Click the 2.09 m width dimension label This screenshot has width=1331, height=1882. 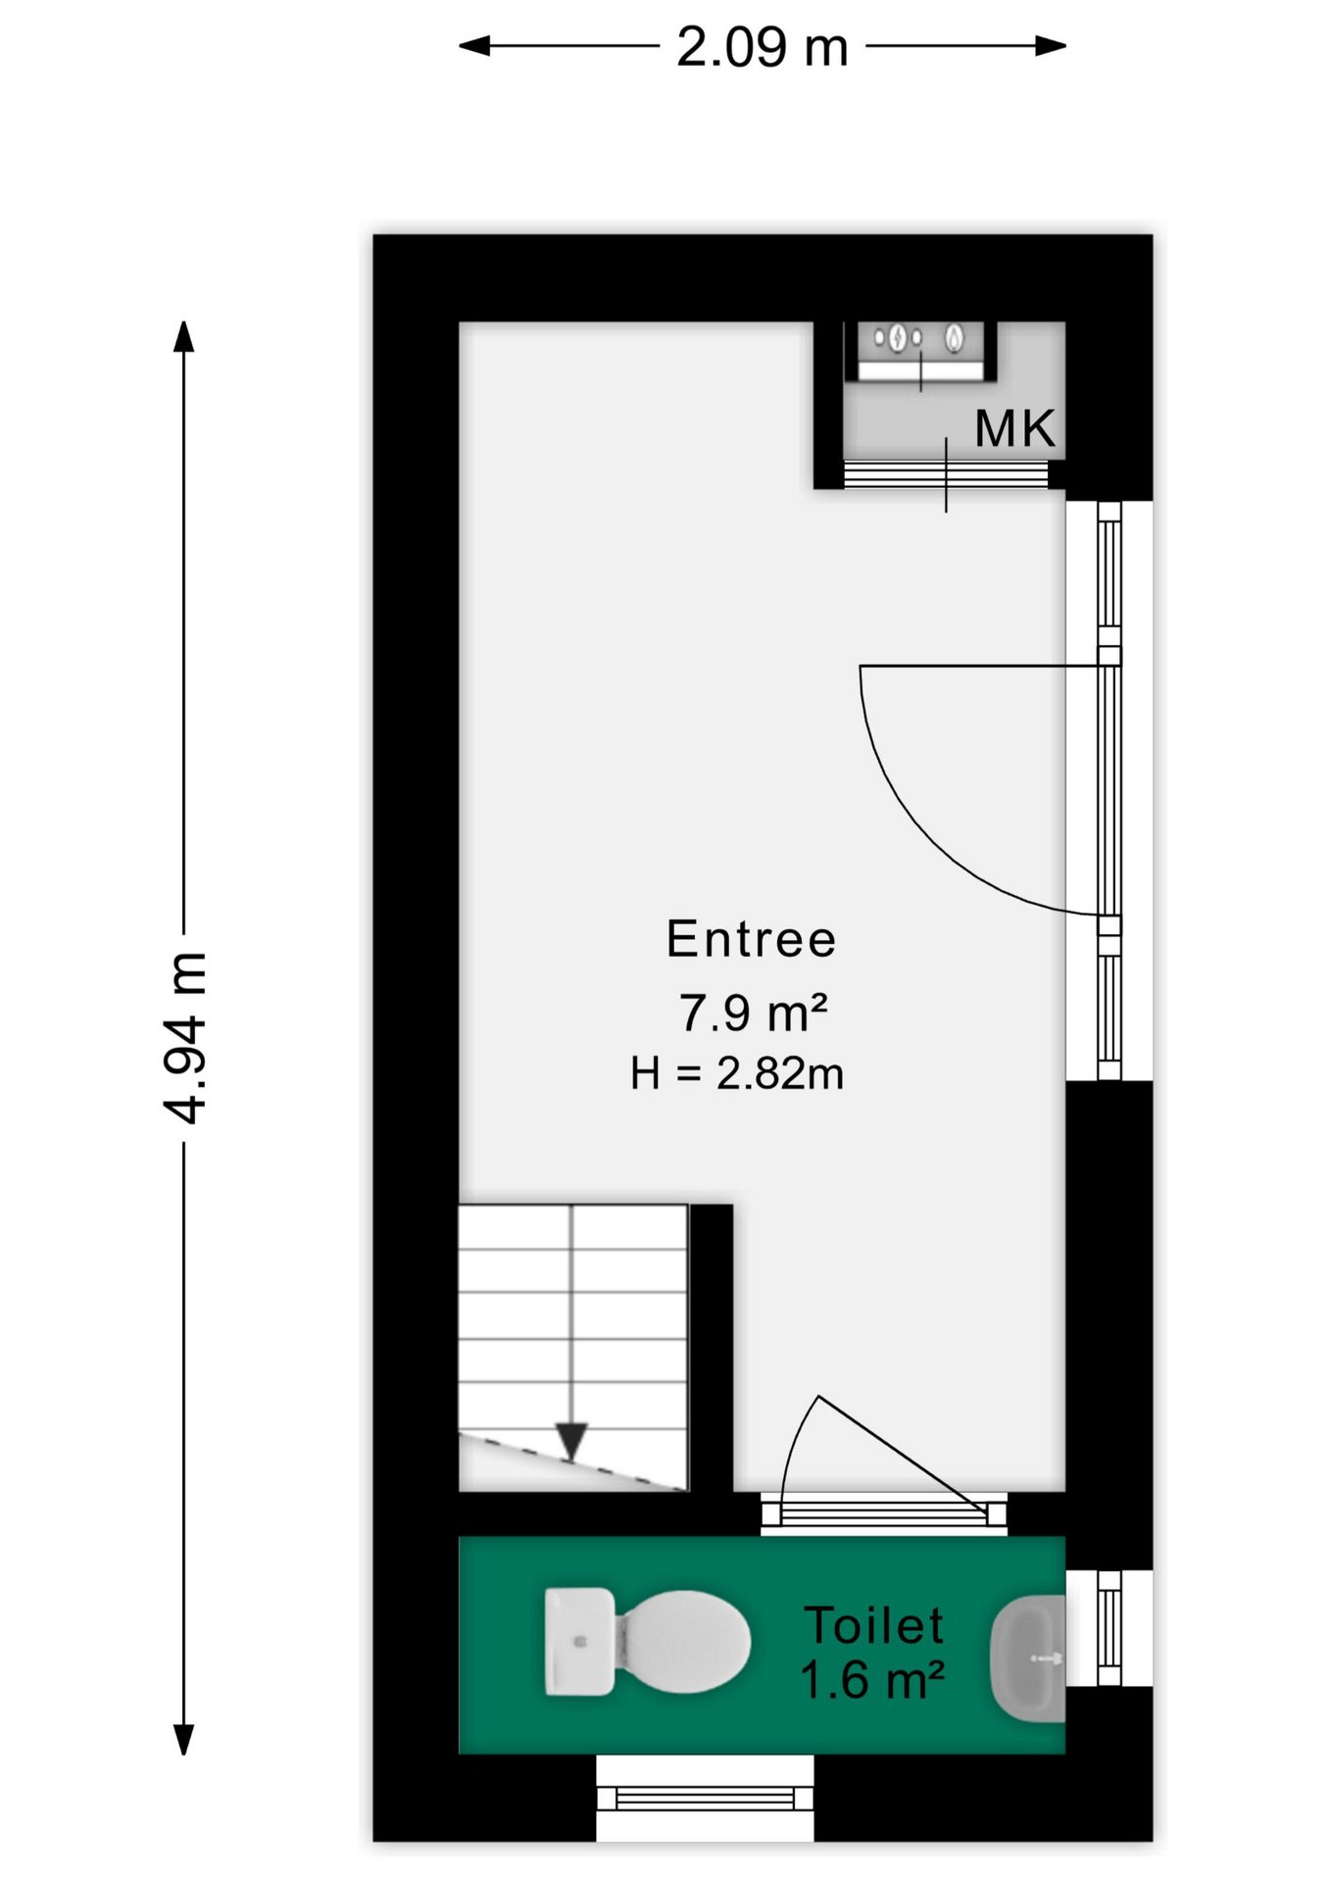tap(762, 47)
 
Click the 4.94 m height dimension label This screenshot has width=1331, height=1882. tap(184, 1037)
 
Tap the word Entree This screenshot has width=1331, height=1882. tap(751, 939)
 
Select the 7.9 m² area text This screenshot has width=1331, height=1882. tap(753, 1013)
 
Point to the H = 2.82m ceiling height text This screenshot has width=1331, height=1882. tap(737, 1073)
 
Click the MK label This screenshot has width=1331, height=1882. tap(1015, 428)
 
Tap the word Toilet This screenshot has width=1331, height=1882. tap(873, 1625)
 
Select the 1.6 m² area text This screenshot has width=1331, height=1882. tap(871, 1680)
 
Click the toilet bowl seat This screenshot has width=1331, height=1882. tap(684, 1641)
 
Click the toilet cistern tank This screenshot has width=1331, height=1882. tap(579, 1641)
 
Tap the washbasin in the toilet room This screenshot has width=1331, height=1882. tap(1028, 1659)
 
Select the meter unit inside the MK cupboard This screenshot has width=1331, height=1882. tap(921, 351)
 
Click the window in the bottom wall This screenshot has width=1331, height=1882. tap(705, 1798)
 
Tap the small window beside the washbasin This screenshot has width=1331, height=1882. tap(1109, 1628)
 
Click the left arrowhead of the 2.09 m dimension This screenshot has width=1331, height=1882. tap(474, 45)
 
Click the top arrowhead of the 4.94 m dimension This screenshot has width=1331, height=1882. tap(183, 336)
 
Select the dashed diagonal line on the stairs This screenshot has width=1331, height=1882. tap(572, 1462)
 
